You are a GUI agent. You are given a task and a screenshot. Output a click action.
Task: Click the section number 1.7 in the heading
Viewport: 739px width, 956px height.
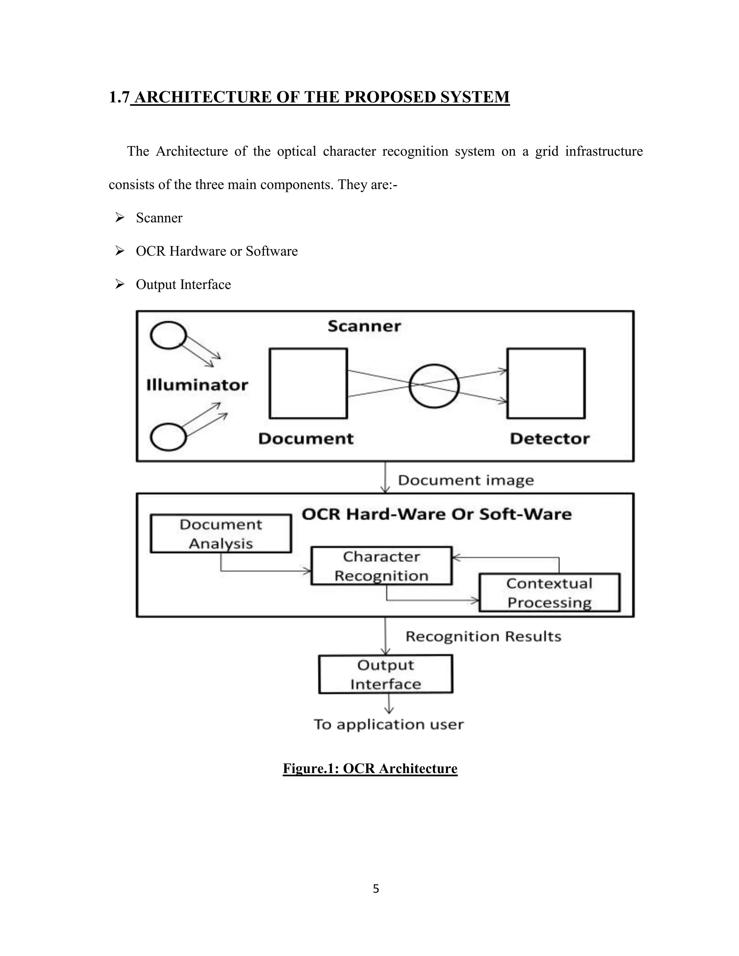tap(119, 97)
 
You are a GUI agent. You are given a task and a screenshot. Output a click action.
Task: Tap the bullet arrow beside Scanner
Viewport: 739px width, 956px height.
tap(119, 218)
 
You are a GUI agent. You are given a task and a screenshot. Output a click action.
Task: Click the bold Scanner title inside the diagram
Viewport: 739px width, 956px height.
tap(364, 326)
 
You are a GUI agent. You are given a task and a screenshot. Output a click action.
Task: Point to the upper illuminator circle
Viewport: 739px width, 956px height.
tap(168, 335)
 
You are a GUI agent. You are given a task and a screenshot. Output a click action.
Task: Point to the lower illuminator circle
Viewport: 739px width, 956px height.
tap(168, 437)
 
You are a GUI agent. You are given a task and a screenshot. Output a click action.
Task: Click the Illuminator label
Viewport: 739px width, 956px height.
tap(197, 385)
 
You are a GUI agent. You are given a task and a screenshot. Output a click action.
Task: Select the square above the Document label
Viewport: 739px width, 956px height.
tap(308, 383)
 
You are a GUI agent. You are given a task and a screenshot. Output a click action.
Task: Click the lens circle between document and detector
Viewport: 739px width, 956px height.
tap(434, 386)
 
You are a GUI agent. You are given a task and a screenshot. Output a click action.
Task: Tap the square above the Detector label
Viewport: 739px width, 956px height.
tap(546, 383)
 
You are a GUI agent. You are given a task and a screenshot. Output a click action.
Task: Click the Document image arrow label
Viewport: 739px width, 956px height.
tap(466, 480)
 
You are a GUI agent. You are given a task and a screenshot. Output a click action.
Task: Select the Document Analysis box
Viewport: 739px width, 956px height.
tap(220, 534)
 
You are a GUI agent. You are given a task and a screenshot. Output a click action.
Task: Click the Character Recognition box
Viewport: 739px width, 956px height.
tap(381, 566)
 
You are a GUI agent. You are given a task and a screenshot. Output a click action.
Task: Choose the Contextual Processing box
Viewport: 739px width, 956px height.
tap(550, 593)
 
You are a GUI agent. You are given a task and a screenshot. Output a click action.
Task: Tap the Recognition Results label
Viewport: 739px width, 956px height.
tap(483, 636)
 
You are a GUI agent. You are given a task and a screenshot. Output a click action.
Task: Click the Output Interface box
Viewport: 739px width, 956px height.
tap(385, 675)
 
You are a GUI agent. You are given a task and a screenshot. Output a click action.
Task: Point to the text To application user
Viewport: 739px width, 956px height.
tap(388, 724)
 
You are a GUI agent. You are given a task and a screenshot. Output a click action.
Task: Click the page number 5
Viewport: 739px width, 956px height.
tap(376, 889)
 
